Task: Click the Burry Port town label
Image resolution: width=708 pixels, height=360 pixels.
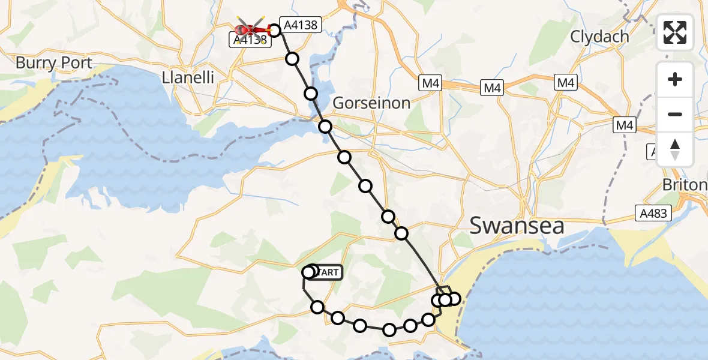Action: tap(54, 63)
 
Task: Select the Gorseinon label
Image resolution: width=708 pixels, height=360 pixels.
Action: tap(371, 103)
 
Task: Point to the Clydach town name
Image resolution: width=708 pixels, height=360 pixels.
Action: tap(599, 37)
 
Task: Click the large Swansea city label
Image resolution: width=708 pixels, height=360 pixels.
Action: tap(517, 226)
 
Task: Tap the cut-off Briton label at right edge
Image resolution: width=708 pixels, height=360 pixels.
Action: tap(685, 184)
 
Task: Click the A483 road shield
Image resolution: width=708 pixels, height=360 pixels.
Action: tap(653, 213)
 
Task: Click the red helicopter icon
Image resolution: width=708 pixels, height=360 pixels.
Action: tap(251, 29)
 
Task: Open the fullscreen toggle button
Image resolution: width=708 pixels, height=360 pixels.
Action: tap(675, 32)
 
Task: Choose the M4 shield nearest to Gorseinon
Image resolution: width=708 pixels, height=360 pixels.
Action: tap(431, 83)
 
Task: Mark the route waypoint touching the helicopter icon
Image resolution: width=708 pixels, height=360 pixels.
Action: tap(275, 30)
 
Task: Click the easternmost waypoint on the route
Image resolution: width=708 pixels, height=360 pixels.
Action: tap(454, 298)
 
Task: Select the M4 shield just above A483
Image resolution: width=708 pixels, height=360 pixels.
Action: tap(624, 125)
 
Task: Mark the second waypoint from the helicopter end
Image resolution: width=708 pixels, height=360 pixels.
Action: tap(292, 59)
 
